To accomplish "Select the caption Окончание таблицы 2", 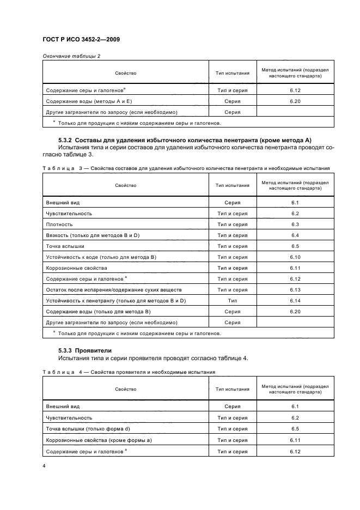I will pos(71,56).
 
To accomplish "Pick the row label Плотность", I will pos(59,224).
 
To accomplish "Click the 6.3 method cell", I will pos(295,224).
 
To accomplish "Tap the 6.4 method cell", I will pos(295,235).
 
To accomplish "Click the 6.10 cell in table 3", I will pos(295,257).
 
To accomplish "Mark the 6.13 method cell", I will pos(295,290).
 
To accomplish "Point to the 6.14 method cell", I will pos(295,301).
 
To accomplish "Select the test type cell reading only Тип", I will pos(233,301).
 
